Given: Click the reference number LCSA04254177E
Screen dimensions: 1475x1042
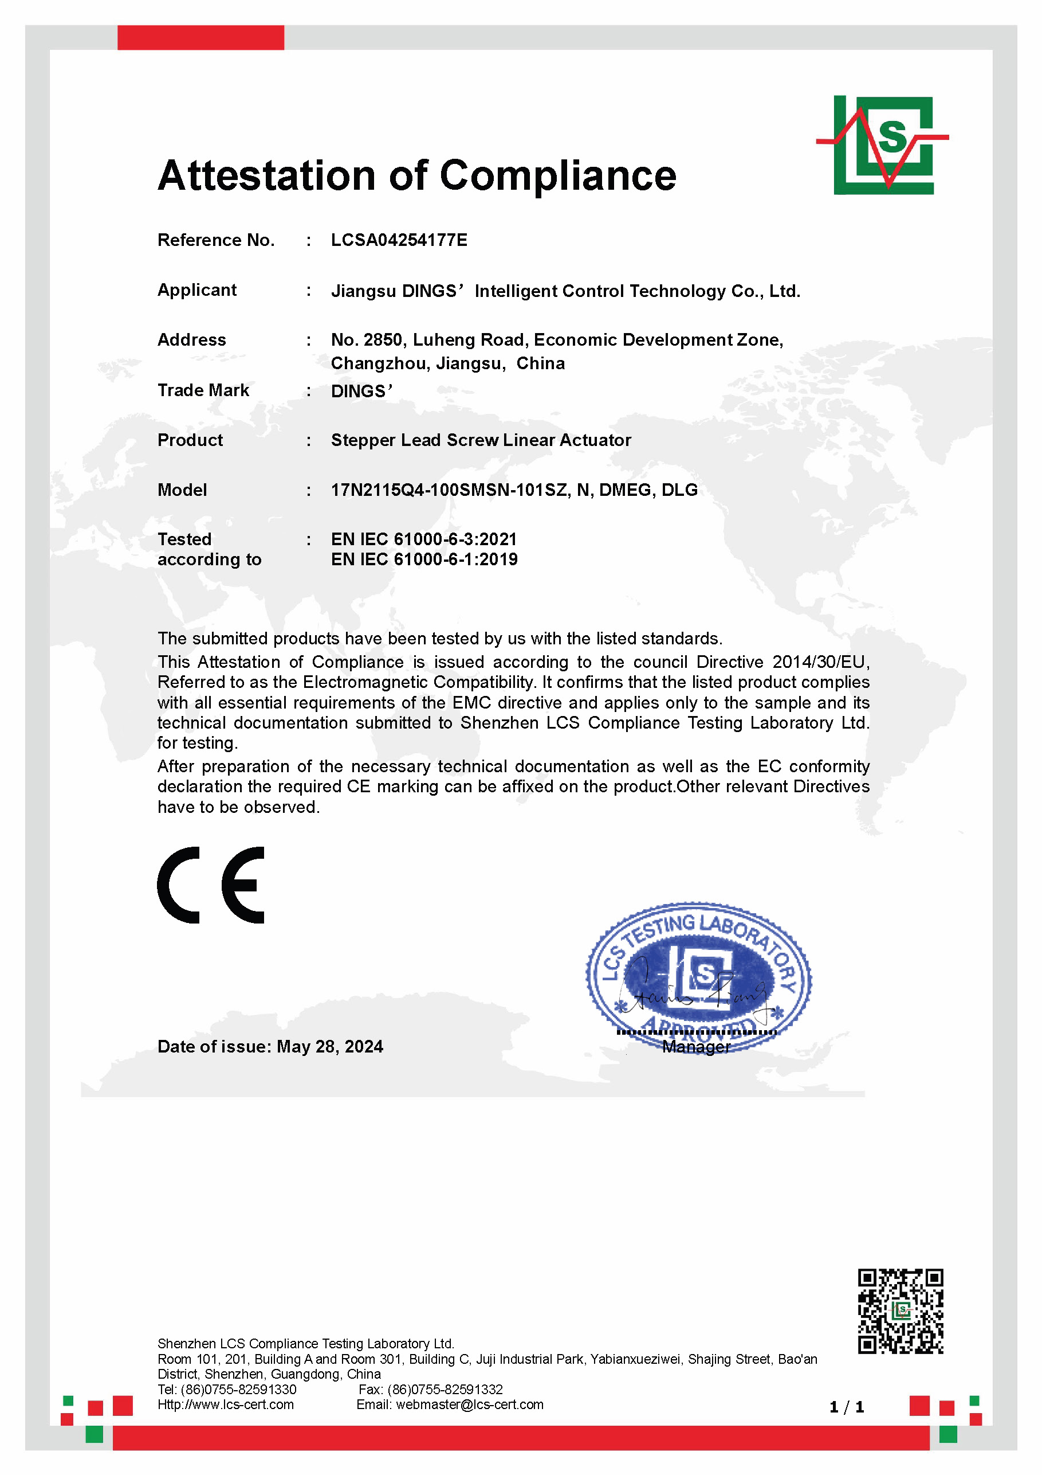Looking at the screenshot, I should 399,240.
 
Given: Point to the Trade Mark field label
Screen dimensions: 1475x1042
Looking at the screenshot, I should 203,390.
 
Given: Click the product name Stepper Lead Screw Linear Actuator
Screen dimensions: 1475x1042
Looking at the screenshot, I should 481,440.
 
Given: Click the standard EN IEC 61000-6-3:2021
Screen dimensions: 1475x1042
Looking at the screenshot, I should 424,539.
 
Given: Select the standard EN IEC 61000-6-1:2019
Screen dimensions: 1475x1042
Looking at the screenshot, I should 424,560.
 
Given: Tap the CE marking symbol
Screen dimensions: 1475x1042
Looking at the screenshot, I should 211,885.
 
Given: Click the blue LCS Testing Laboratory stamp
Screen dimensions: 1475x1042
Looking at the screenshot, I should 698,973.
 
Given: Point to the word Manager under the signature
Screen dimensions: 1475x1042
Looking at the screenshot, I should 696,1047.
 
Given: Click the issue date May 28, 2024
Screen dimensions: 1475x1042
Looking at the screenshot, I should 330,1047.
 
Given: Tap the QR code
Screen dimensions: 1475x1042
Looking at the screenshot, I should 900,1311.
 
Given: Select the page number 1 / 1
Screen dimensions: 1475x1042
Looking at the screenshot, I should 846,1408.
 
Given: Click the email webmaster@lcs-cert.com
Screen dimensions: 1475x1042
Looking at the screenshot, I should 469,1405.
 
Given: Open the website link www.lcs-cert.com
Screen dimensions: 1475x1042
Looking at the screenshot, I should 237,1405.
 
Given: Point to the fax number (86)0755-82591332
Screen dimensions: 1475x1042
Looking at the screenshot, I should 445,1390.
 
